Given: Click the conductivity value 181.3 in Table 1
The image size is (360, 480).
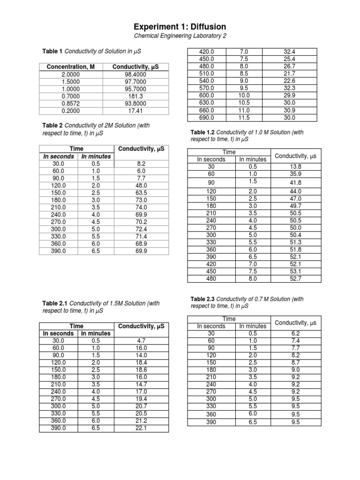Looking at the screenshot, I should pos(135,97).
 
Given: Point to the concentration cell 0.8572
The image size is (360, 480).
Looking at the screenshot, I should pos(71,104).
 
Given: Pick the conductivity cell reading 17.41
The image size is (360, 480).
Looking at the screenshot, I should pos(135,111).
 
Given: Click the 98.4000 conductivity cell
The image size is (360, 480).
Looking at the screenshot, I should pos(135,75).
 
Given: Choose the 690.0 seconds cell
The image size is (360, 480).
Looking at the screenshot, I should pos(206,118).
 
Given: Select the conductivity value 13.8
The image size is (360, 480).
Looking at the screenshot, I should pos(296,166).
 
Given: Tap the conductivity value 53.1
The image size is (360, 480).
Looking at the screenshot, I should pos(296,271).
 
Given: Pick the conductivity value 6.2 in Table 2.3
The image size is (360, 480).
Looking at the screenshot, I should pos(296,333).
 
